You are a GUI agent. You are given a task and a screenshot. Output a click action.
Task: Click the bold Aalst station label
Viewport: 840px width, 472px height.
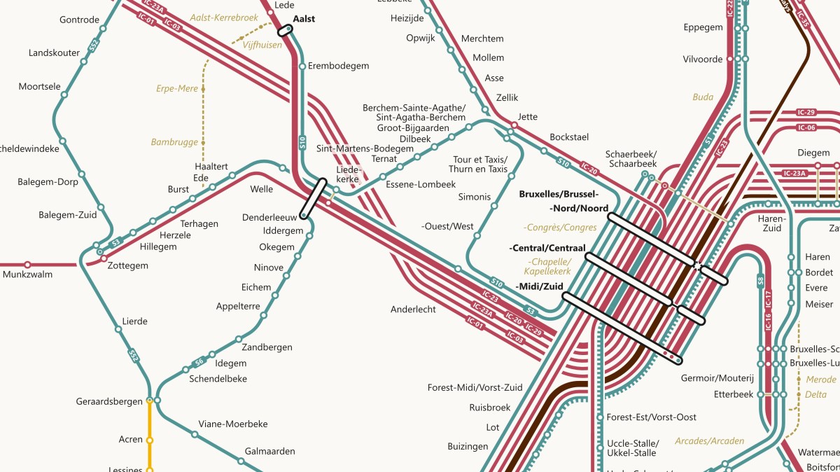304,19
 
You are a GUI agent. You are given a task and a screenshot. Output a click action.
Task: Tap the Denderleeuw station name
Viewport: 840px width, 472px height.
270,217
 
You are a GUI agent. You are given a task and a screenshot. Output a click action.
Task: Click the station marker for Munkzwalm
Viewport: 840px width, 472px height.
28,265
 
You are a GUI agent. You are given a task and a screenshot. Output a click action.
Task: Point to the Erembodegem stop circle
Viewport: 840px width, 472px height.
302,67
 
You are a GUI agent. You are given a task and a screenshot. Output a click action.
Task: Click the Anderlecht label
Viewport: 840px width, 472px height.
413,309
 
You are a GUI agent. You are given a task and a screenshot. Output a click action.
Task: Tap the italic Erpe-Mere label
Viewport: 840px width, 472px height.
177,89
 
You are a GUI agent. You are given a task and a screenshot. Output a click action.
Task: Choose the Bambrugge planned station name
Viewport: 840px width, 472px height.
174,142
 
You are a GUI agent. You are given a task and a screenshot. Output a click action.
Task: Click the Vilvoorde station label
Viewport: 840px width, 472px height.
703,60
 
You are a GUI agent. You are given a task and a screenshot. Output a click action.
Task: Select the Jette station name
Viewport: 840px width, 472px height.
528,117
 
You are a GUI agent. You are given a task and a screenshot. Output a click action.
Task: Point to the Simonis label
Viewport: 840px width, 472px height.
475,197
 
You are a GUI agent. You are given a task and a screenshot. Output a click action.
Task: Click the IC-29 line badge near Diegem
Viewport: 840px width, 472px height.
806,112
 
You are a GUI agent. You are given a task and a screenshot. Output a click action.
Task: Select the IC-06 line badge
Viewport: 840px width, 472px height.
806,127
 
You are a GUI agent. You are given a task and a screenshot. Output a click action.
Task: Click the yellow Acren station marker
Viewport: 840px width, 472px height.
149,440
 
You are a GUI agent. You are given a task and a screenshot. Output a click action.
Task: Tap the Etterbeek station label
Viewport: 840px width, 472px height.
733,394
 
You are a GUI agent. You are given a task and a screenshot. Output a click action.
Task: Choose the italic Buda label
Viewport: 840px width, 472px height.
703,97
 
